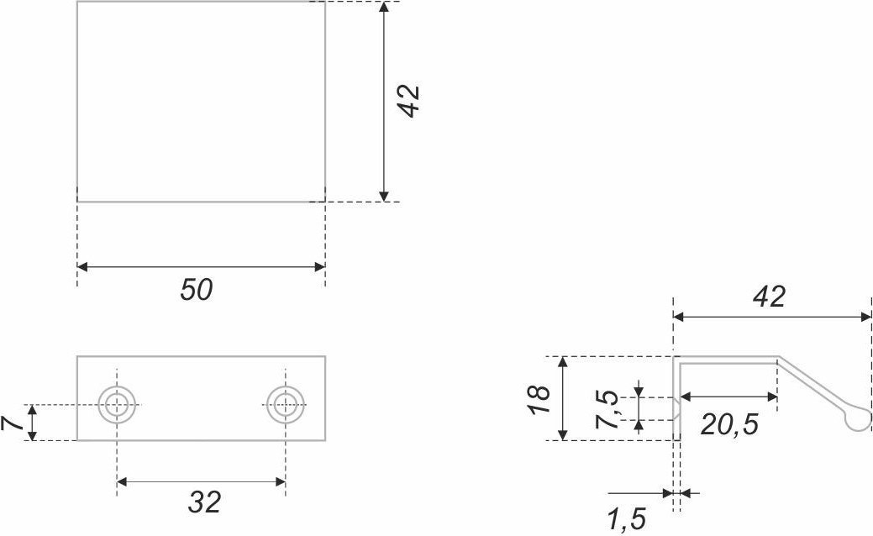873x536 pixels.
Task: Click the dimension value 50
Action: (x=197, y=290)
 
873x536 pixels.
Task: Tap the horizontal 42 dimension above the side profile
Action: (x=769, y=297)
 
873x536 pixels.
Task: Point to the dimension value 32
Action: (x=204, y=502)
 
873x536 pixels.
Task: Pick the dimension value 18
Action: (x=539, y=399)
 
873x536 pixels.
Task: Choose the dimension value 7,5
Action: (x=607, y=409)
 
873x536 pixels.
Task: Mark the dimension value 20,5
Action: (x=729, y=424)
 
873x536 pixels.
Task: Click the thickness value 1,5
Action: (x=626, y=520)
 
